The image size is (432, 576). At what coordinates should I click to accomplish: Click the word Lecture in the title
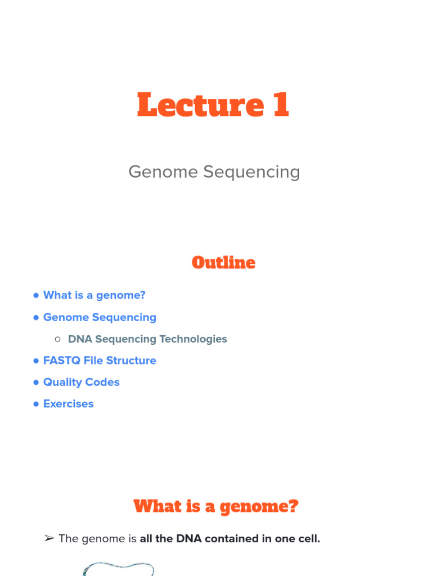[x=200, y=105]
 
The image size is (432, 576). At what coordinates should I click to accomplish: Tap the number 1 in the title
[x=281, y=105]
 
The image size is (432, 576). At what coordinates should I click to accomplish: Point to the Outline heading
[x=223, y=263]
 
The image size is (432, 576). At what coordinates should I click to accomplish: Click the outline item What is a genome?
[x=94, y=295]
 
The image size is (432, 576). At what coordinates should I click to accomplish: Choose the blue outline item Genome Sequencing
[x=100, y=317]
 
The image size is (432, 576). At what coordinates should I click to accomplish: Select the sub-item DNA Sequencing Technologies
[x=147, y=339]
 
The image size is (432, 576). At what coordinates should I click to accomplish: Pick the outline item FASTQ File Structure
[x=100, y=361]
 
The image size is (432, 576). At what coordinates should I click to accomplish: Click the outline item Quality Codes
[x=81, y=382]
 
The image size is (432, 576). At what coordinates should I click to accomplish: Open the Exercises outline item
[x=68, y=404]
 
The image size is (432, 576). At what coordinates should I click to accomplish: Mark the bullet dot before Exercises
[x=36, y=404]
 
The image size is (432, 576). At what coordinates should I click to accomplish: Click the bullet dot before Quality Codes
[x=36, y=382]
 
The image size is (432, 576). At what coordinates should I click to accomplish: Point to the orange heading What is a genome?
[x=216, y=506]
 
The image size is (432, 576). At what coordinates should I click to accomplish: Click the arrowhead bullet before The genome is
[x=49, y=539]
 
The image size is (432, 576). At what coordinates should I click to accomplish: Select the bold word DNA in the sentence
[x=189, y=539]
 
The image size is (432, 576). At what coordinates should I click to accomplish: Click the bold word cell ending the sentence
[x=309, y=539]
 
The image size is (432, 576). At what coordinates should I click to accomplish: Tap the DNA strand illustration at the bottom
[x=118, y=568]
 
